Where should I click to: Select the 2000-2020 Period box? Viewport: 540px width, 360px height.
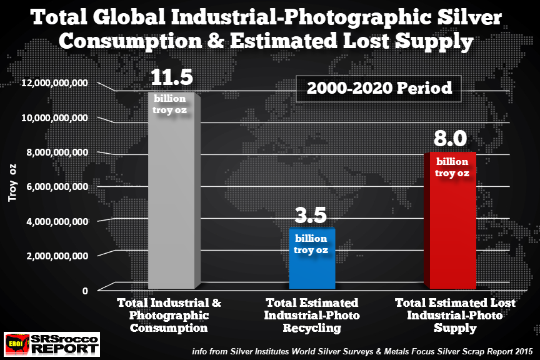(379, 88)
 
